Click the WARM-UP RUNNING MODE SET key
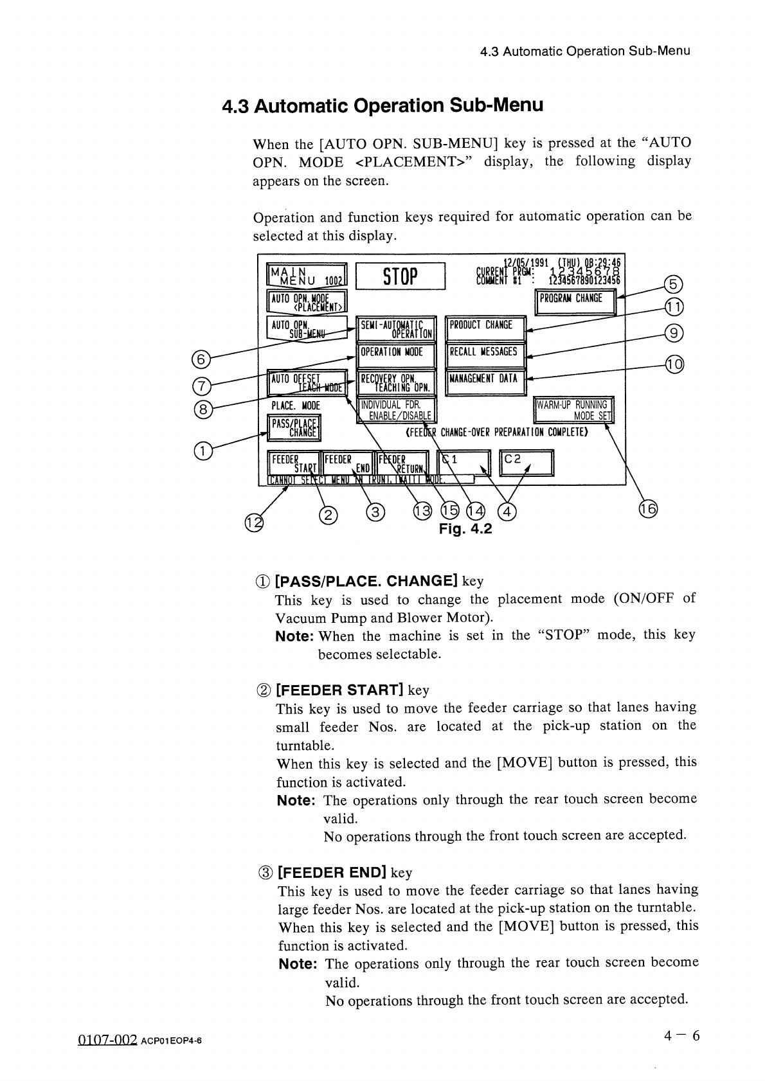coord(574,409)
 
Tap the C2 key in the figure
coord(526,462)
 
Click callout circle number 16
coord(648,510)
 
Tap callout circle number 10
coord(674,366)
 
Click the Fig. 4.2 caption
coord(465,529)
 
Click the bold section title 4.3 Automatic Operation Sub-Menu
coord(382,105)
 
